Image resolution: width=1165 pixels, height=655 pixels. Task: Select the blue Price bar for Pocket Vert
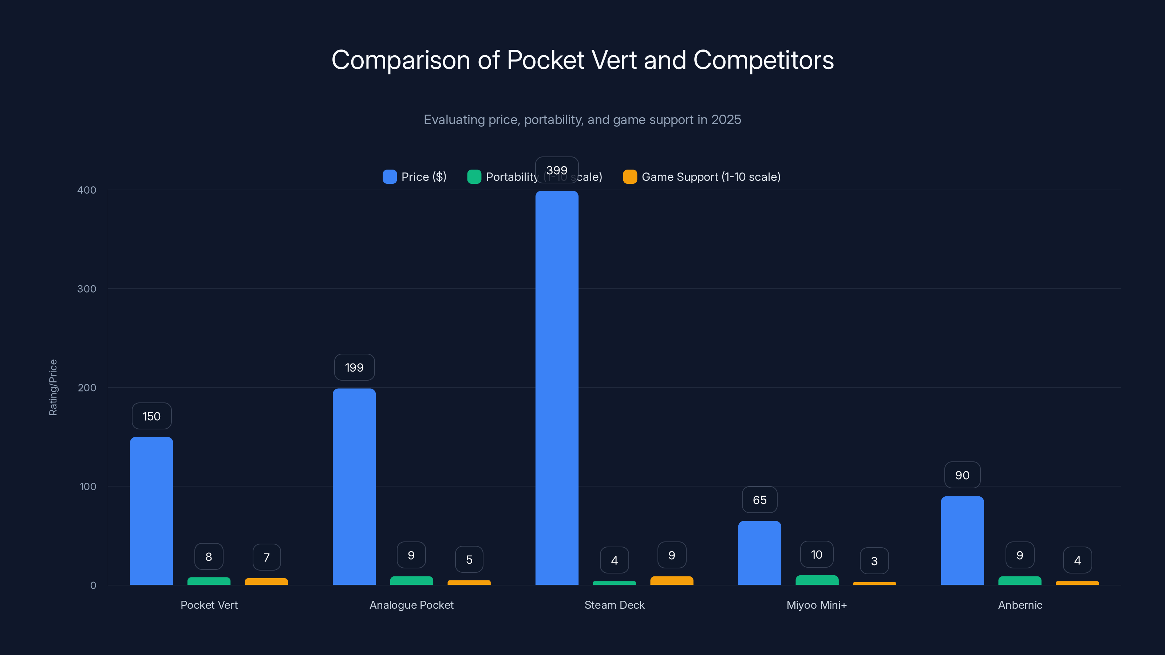tap(151, 511)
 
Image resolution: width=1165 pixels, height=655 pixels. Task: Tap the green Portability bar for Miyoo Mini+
tap(817, 580)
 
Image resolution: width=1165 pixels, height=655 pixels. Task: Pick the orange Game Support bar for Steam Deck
tap(672, 580)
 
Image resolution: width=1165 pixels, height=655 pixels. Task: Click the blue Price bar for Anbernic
tap(962, 540)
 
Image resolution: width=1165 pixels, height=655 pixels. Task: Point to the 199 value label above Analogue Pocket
tap(354, 368)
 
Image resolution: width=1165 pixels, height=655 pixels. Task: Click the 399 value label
tap(557, 170)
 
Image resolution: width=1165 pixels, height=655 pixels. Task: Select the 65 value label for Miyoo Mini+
tap(759, 500)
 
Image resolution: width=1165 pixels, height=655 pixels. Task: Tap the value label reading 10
tap(816, 555)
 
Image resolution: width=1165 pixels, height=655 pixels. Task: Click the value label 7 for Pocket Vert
tap(266, 557)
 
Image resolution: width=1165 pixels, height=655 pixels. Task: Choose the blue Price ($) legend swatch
tap(390, 177)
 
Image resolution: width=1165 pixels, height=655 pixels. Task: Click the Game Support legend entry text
tap(711, 177)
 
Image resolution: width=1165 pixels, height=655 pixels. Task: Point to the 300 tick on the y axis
tap(87, 289)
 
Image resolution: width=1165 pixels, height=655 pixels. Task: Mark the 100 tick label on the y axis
tap(88, 487)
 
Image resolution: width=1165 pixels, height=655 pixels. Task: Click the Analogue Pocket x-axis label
tap(411, 605)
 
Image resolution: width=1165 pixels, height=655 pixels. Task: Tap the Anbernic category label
tap(1020, 605)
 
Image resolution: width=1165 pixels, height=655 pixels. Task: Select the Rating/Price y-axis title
tap(53, 388)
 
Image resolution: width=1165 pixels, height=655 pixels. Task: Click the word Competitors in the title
tap(763, 60)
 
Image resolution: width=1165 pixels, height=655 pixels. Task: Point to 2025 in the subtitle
tap(726, 120)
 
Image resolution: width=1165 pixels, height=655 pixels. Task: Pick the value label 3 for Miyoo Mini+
tap(874, 561)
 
